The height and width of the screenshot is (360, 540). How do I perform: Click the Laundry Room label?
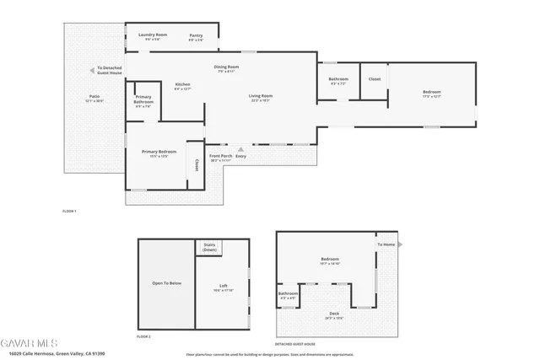153,35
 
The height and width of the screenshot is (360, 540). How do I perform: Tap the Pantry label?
196,35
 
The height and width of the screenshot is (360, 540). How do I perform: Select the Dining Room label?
226,67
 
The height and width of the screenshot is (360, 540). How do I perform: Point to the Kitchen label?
183,85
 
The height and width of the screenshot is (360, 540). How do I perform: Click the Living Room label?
259,97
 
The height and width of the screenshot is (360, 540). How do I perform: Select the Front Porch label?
220,157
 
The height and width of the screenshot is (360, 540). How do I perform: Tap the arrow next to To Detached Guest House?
91,70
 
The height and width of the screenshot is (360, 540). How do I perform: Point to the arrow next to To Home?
399,244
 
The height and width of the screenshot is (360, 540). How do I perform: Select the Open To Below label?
166,283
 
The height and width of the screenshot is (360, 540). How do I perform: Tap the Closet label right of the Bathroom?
375,79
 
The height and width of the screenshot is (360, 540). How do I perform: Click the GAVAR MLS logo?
29,344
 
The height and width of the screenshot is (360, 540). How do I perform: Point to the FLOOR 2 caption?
143,336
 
